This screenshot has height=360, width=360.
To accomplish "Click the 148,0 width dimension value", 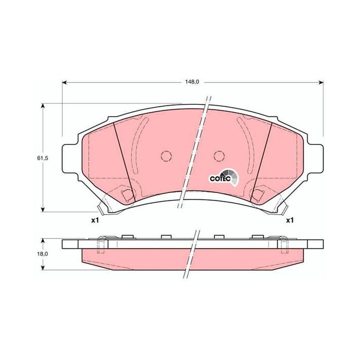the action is [x=192, y=82].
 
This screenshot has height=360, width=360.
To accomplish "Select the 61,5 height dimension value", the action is [x=42, y=158].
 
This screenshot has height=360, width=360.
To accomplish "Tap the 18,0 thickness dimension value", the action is [x=42, y=254].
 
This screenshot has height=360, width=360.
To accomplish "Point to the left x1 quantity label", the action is [x=95, y=220].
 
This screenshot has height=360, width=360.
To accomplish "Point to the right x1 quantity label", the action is [x=290, y=220].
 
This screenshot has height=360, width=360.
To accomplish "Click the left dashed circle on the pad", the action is [x=166, y=156].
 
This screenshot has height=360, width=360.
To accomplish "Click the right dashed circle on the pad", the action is [x=219, y=156].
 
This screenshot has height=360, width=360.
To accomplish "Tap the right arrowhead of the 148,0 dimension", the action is [x=321, y=82].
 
